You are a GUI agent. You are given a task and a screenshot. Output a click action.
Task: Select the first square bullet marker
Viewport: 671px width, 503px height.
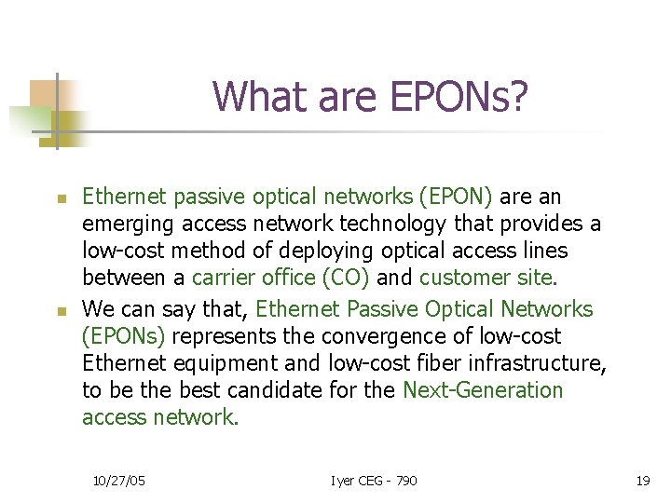59,198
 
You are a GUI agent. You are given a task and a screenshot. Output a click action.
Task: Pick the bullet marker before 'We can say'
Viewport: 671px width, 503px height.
59,310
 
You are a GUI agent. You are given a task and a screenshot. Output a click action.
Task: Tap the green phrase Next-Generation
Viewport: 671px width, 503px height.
483,390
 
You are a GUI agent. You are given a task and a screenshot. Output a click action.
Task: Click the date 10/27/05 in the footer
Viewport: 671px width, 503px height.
118,481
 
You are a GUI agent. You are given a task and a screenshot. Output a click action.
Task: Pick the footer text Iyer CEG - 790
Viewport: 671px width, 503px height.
373,481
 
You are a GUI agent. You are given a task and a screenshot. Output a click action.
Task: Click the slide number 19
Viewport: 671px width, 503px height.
642,481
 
